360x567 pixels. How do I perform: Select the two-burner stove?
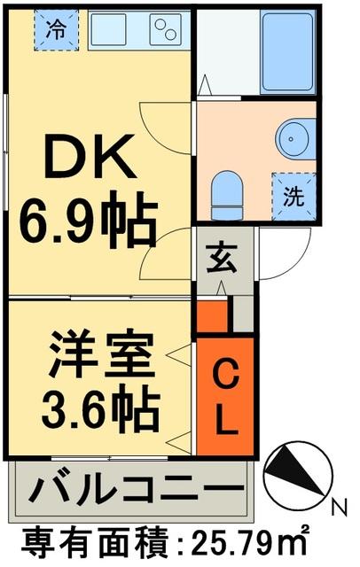[166, 29]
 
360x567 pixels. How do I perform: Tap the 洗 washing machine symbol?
[293, 194]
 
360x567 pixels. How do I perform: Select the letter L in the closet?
[225, 420]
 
